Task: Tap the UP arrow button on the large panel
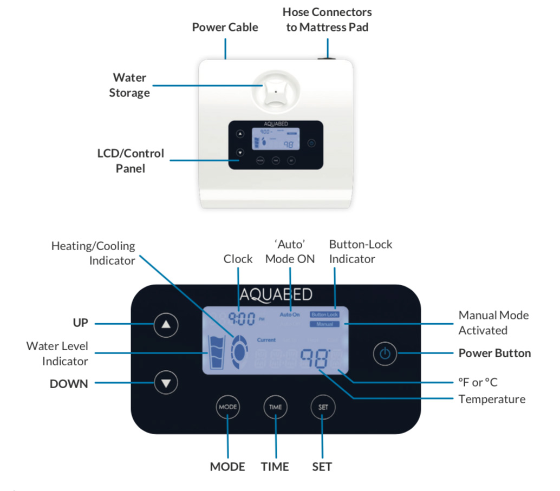[166, 325]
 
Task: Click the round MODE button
[227, 407]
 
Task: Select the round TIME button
[275, 407]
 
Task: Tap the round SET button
[322, 407]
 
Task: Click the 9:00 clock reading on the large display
[241, 318]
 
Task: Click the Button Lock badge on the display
[324, 315]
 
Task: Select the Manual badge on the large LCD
[324, 324]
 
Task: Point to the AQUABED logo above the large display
[276, 294]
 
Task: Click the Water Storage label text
[129, 85]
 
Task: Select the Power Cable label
[225, 27]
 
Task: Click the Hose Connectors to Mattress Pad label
[327, 19]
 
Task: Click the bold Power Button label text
[494, 353]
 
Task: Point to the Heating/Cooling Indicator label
[93, 253]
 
